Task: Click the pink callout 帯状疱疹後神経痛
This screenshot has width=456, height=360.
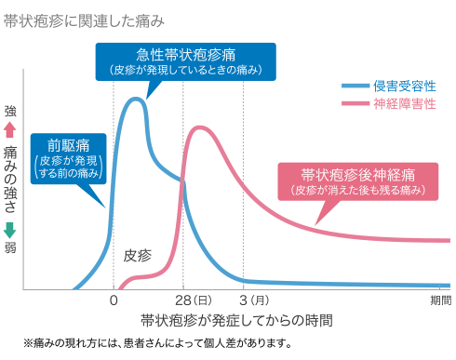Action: coord(357,180)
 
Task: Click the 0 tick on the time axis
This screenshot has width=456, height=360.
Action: coord(114,300)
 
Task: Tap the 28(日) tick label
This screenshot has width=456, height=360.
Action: coord(193,300)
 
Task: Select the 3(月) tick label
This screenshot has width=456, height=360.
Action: coord(254,300)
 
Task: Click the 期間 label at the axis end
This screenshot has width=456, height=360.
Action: coord(440,300)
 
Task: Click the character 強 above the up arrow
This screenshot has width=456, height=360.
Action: coord(10,111)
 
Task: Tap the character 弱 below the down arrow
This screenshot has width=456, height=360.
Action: coord(10,248)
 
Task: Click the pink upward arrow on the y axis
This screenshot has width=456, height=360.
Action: coord(10,129)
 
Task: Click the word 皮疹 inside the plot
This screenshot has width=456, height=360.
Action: coord(138,255)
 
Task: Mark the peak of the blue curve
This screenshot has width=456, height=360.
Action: coord(136,99)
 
